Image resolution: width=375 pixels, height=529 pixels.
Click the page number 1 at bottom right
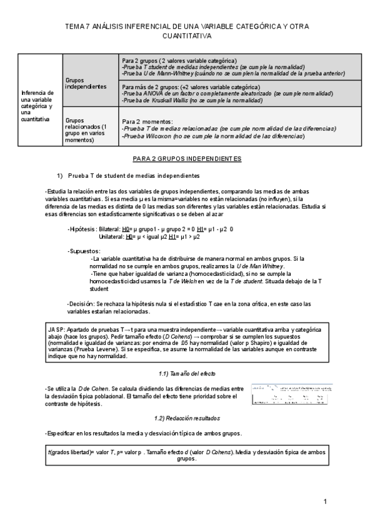tap(326, 502)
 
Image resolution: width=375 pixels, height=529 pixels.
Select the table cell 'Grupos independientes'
tap(86, 82)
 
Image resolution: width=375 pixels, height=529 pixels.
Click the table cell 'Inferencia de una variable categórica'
tap(38, 105)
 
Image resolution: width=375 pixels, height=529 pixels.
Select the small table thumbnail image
tap(292, 394)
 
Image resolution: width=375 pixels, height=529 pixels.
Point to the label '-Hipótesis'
tap(81, 229)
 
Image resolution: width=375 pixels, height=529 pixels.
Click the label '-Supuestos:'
tap(84, 251)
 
